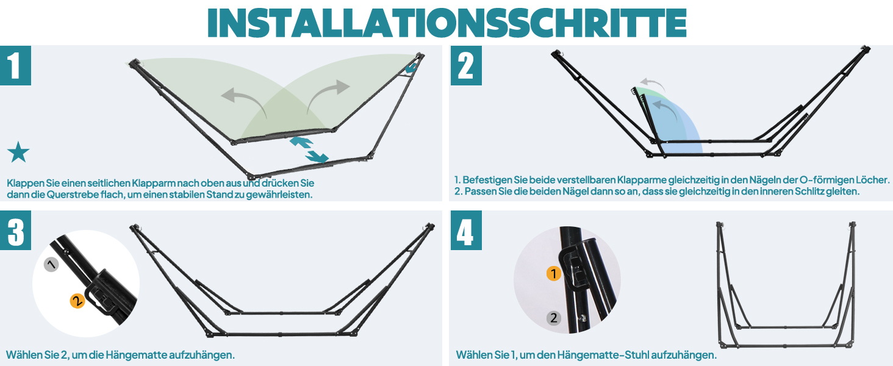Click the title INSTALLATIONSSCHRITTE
point(446,23)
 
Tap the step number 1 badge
point(15,65)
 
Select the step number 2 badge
point(466,65)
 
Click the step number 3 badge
point(15,231)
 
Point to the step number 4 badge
point(466,231)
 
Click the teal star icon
point(18,152)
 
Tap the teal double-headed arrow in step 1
point(309,149)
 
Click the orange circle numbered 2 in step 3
point(77,301)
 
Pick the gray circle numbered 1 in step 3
point(51,264)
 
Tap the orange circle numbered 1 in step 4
point(553,273)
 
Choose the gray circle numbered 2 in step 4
point(553,318)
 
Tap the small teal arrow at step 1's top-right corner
point(411,67)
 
